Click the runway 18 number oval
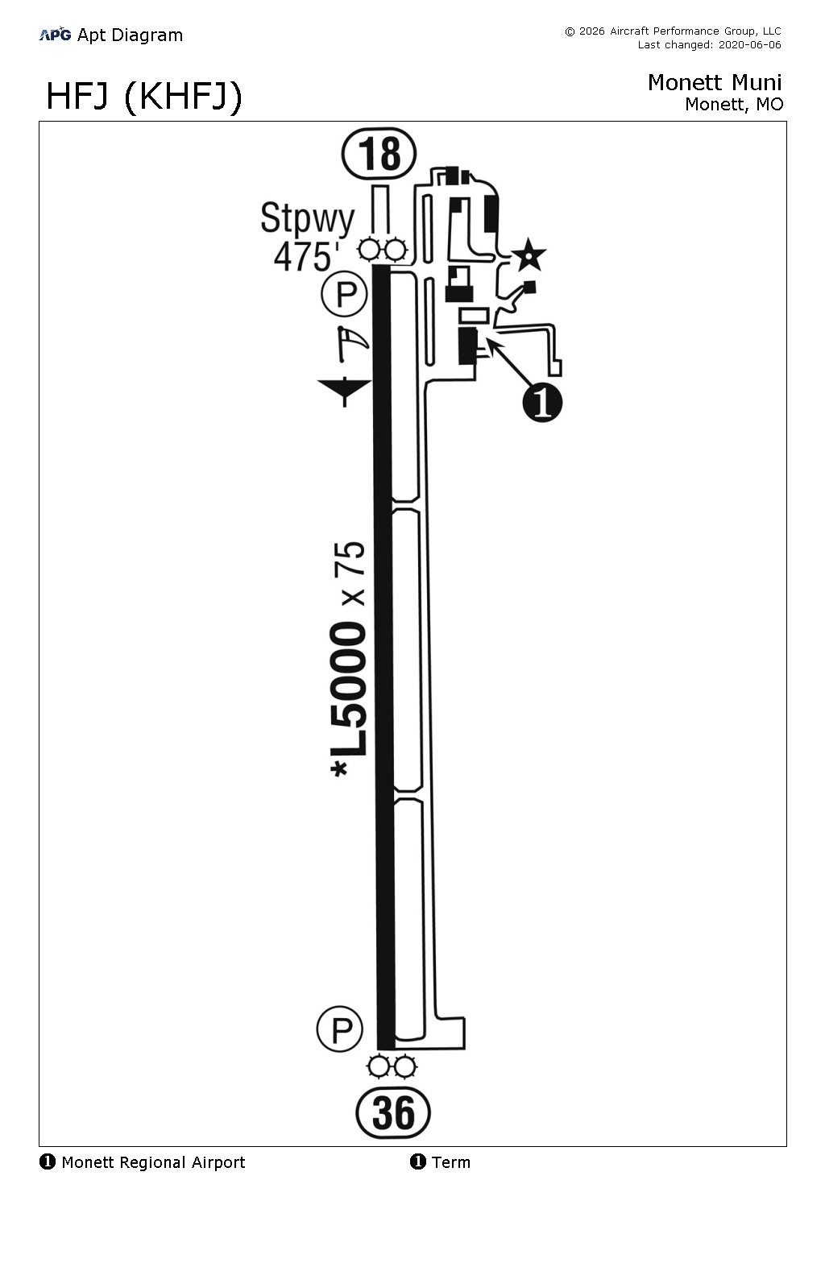(379, 154)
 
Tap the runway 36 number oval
(393, 1114)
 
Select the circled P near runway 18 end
(345, 295)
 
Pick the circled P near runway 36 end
(340, 1029)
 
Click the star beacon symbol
(529, 255)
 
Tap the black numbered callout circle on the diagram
(542, 402)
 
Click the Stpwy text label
(307, 218)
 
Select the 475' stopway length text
(305, 257)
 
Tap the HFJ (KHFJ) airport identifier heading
(143, 97)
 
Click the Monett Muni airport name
(714, 82)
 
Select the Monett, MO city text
(733, 104)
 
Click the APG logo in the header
(55, 34)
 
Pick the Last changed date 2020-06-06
(709, 45)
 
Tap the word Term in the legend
(450, 1162)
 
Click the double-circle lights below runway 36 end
(391, 1067)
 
